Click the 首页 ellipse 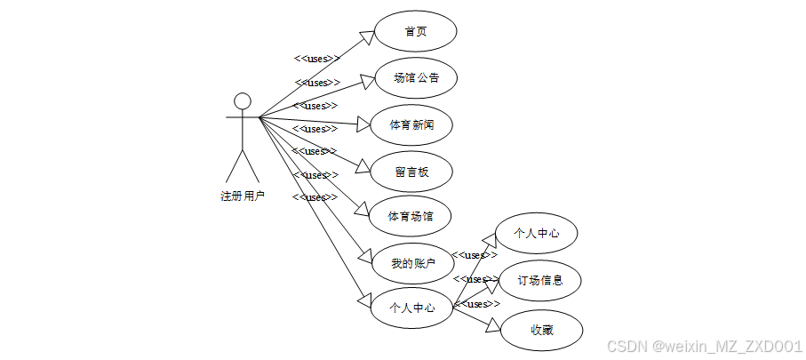415,31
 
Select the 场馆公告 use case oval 415,78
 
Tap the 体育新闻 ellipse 411,124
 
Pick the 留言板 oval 411,171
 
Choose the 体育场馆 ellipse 411,216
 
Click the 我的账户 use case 413,263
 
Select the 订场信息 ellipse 539,281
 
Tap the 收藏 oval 541,330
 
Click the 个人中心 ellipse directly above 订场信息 537,233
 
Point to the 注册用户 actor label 243,196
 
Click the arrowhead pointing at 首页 366,36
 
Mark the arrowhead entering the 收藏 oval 494,326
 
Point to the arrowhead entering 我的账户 364,258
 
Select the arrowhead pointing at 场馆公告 366,83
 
